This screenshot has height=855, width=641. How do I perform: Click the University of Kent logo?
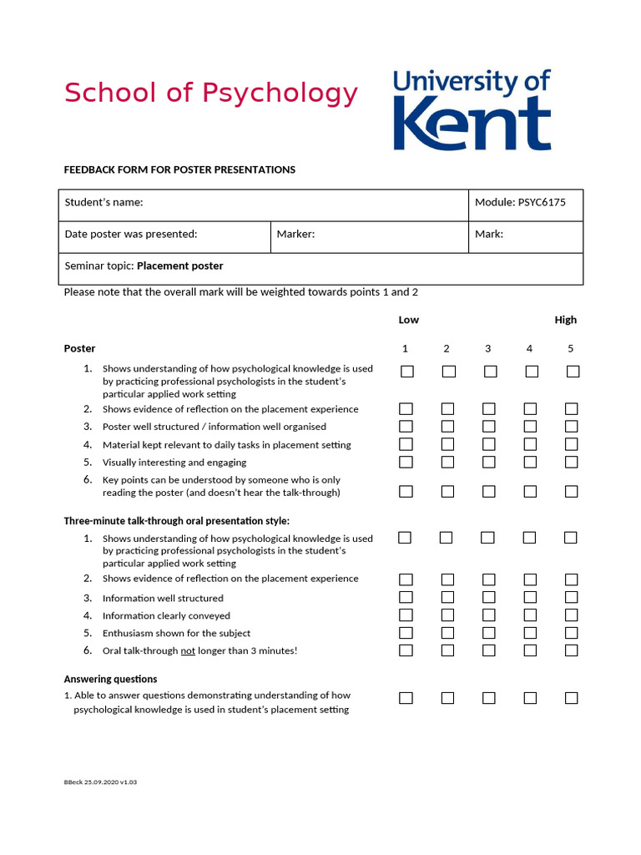[x=472, y=109]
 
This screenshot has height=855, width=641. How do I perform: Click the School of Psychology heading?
[x=211, y=93]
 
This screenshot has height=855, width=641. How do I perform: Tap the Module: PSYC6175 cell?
[x=525, y=203]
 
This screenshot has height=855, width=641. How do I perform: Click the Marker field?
[x=369, y=235]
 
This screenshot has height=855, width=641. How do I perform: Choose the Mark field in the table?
[x=525, y=235]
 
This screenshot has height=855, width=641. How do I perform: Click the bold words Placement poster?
[x=179, y=266]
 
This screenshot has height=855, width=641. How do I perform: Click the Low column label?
[x=409, y=320]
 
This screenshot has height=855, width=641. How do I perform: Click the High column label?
[x=565, y=320]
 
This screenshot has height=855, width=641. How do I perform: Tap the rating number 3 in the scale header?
[x=487, y=348]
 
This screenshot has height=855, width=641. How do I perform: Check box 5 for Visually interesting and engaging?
[x=571, y=462]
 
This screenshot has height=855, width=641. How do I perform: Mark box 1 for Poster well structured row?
[x=406, y=427]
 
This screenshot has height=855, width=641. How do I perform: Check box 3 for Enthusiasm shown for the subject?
[x=488, y=633]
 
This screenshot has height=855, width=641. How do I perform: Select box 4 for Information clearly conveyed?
[x=530, y=615]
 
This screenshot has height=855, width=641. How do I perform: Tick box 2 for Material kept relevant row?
[x=447, y=444]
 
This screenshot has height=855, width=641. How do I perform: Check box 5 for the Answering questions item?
[x=571, y=698]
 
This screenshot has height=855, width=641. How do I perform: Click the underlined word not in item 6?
[x=188, y=650]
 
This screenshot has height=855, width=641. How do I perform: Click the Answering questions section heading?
[x=110, y=679]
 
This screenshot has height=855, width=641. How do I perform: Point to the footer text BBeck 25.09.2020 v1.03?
[x=100, y=782]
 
